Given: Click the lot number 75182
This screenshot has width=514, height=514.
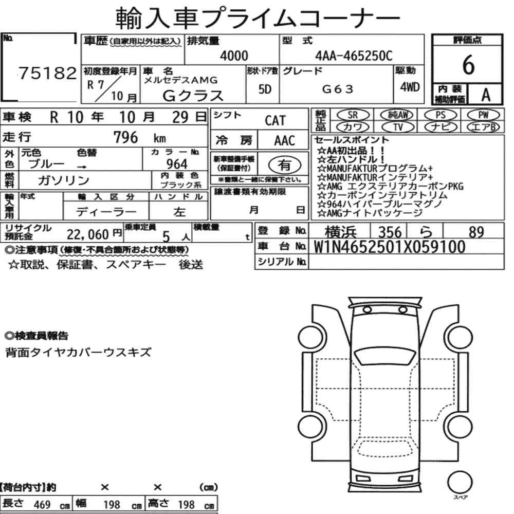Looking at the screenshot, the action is click(47, 73).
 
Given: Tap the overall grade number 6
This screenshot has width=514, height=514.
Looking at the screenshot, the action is click(468, 65).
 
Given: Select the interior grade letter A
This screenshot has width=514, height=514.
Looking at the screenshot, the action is click(486, 95).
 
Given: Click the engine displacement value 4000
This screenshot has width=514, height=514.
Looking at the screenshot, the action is click(234, 56).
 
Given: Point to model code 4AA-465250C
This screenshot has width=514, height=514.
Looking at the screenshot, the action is click(354, 56).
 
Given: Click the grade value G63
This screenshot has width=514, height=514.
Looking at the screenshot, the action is click(338, 89).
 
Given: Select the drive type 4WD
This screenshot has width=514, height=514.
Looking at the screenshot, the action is click(410, 87).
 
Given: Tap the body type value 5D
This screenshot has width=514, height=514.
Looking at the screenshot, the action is click(265, 89).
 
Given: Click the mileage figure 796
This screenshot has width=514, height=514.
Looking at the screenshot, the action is click(125, 137).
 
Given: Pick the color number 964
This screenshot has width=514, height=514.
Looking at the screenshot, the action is click(177, 164).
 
